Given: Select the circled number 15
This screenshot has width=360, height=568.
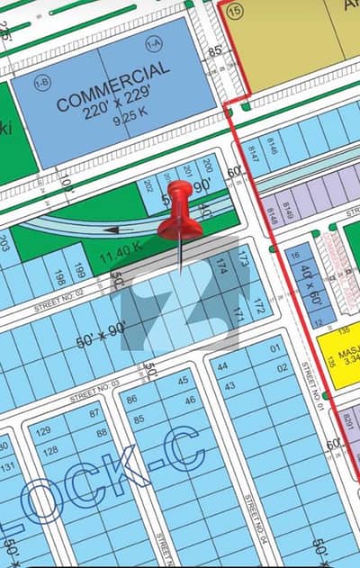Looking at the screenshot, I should [x=236, y=12].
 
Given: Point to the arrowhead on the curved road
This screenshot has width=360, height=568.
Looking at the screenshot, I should [x=110, y=230].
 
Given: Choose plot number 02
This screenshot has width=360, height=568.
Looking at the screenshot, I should [x=282, y=367].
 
